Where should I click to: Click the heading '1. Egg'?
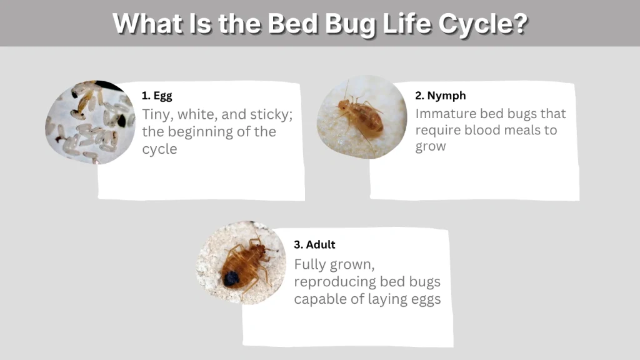click(156, 96)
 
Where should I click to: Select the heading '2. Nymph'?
click(440, 96)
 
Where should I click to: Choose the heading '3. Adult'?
click(314, 244)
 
